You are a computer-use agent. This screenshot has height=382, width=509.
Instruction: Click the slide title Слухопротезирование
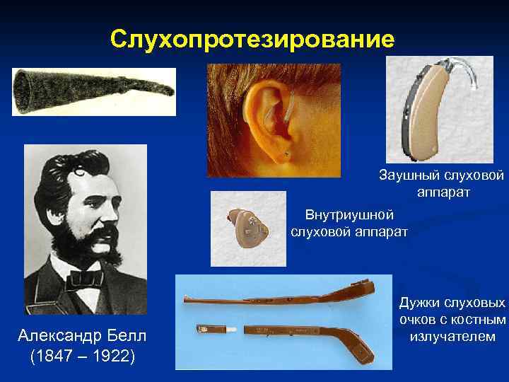tap(252, 39)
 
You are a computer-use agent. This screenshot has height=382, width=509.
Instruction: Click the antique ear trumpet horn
tap(85, 91)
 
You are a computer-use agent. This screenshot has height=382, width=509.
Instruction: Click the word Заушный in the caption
tap(409, 174)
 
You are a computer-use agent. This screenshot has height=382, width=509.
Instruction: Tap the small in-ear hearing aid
tap(248, 228)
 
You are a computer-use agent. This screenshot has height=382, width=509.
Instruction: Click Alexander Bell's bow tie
tap(85, 278)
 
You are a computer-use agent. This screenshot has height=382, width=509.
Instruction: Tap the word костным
tap(479, 320)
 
